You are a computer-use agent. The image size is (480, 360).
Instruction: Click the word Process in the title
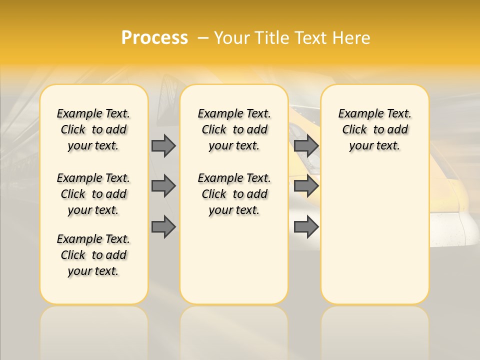(x=154, y=38)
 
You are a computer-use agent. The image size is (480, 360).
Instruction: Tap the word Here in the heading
(x=352, y=38)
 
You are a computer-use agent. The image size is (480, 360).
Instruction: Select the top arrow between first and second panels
(x=163, y=145)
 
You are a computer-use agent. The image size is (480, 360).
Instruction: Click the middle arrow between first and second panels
(x=163, y=186)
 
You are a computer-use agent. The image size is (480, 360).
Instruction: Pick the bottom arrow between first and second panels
(x=163, y=227)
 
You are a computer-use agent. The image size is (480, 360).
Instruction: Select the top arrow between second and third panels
(x=306, y=145)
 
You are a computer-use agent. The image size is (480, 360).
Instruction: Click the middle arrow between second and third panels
(x=306, y=186)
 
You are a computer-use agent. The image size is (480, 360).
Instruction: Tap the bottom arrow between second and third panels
(x=306, y=227)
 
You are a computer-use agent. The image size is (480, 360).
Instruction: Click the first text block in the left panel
(x=93, y=129)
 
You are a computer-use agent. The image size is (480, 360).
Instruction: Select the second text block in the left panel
(x=93, y=194)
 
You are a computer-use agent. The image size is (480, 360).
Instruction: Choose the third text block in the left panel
(x=93, y=255)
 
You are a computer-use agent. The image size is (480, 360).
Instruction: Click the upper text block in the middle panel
(x=234, y=129)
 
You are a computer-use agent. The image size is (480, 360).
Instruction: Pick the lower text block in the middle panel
(x=234, y=194)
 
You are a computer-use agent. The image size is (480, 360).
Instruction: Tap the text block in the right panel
(x=375, y=129)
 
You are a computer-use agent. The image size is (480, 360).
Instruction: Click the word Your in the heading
(x=232, y=38)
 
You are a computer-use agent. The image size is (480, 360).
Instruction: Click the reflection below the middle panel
(x=234, y=332)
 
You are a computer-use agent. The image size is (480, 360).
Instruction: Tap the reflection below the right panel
(x=375, y=332)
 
